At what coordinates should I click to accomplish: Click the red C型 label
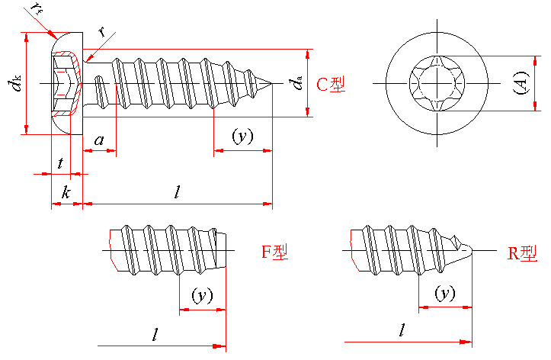pos(332,85)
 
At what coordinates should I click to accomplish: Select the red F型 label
pos(275,252)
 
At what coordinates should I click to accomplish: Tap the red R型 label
pos(523,253)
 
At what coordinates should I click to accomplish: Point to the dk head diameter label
pos(15,84)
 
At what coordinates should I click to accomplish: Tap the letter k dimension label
pos(66,193)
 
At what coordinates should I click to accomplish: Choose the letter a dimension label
pos(99,140)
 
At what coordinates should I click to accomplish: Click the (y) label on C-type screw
pos(242,137)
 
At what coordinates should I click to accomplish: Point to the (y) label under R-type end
pos(444,293)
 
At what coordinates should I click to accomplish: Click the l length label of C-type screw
pos(177,192)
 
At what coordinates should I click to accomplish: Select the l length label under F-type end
pos(155,334)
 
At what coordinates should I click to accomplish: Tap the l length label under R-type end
pos(402,331)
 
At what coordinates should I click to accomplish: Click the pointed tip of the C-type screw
pos(271,82)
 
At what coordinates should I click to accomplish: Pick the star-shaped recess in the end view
pos(435,82)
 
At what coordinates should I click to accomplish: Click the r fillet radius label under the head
pos(101,33)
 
